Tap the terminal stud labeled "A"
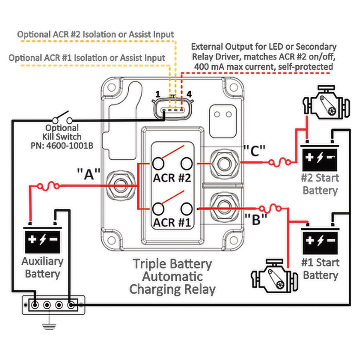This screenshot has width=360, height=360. [120, 185]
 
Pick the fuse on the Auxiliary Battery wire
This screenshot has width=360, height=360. [49, 186]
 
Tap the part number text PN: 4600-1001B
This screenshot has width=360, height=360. [62, 146]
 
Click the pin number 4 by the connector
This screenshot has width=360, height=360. [189, 94]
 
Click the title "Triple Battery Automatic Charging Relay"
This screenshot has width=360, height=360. [172, 276]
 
